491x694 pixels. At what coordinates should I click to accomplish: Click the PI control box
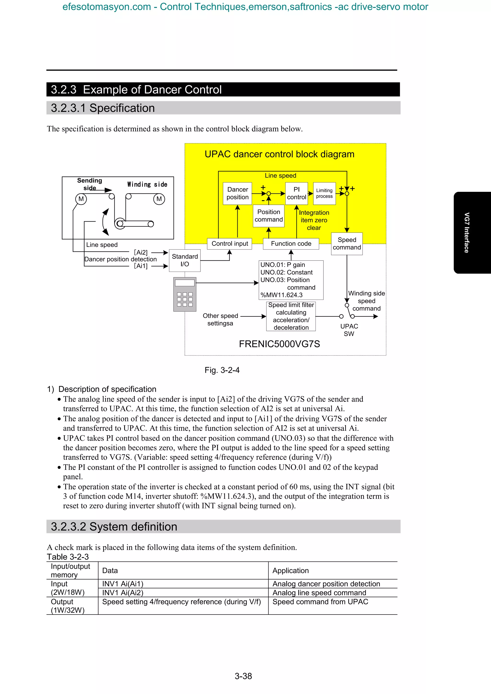pos(297,193)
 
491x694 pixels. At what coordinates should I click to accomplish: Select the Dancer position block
pos(238,193)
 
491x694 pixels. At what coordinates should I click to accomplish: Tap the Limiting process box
pos(324,193)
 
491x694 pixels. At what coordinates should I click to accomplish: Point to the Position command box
pos(269,216)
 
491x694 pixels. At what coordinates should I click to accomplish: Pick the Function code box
pos(291,244)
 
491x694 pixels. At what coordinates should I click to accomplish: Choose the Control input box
pos(230,244)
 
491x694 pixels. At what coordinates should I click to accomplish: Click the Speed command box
pos(347,244)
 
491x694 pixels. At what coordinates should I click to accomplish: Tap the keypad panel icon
pos(185,294)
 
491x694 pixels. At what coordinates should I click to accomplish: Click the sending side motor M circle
pos(81,199)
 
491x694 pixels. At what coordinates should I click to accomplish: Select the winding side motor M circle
pos(159,199)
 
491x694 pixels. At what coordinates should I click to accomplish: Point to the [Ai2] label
pos(141,252)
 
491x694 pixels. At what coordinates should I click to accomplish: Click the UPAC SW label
pos(349,330)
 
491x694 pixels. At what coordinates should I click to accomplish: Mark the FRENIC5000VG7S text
pos(279,344)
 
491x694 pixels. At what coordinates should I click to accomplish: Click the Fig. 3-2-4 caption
pos(222,370)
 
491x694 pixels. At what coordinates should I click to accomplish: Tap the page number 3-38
pos(243,676)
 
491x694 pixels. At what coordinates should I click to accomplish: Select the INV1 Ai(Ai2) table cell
pos(123,593)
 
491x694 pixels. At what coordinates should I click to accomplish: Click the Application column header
pos(290,571)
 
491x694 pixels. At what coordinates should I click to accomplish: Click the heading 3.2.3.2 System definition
pos(114,527)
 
